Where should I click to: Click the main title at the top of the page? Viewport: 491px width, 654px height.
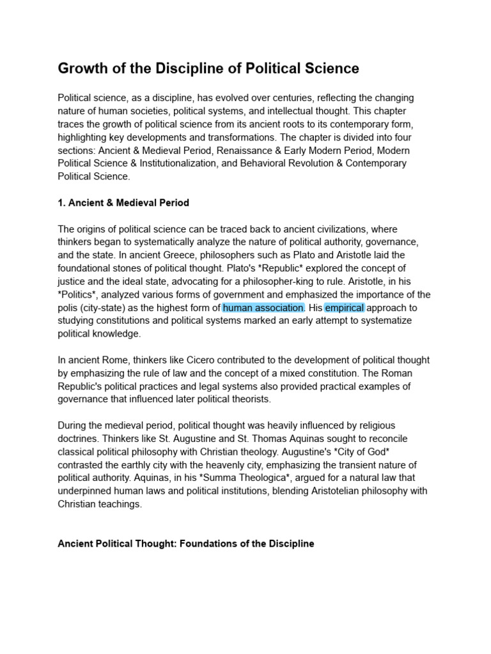click(208, 68)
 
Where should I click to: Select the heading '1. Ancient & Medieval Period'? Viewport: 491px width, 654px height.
click(123, 202)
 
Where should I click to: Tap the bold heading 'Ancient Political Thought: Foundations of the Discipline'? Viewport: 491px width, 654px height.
click(186, 544)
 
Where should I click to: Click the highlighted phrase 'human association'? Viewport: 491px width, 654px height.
click(263, 307)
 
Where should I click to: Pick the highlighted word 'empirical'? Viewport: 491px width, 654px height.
click(344, 307)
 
